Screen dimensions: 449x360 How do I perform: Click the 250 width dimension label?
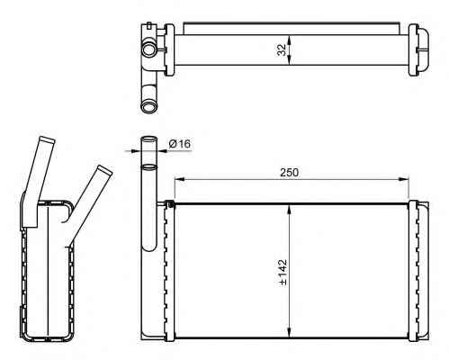[x=290, y=173]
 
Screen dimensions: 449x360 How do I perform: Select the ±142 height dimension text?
[x=283, y=272]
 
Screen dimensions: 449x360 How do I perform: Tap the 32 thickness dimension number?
[x=282, y=50]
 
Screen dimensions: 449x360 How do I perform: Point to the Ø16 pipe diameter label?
[x=179, y=144]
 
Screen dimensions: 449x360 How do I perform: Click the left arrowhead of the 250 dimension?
[x=179, y=179]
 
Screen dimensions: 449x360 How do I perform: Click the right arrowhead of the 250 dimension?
[x=404, y=179]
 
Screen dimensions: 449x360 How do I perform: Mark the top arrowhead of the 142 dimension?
[x=289, y=209]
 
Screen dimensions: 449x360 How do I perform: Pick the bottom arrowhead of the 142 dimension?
[x=289, y=332]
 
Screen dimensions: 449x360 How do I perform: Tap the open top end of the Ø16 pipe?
[x=149, y=139]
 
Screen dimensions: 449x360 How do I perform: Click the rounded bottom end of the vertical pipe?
[x=149, y=247]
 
